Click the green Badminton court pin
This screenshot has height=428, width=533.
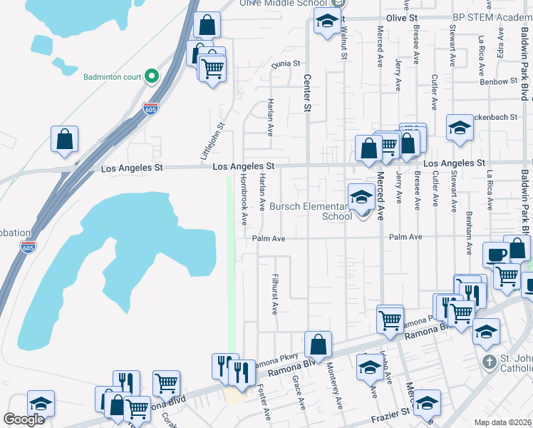click(151, 76)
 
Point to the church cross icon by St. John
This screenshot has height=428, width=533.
click(489, 362)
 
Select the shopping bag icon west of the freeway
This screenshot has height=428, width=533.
click(64, 139)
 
